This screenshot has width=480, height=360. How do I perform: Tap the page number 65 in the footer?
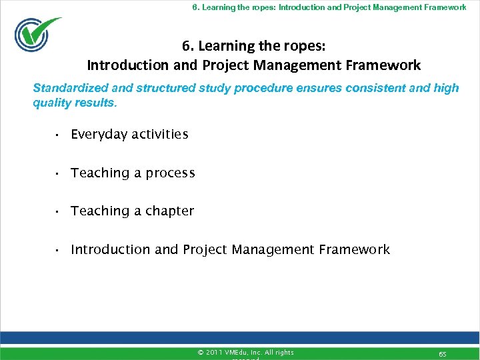(x=442, y=352)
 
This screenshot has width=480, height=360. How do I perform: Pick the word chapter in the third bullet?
(x=169, y=211)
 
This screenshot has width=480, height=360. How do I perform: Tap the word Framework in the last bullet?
(x=354, y=250)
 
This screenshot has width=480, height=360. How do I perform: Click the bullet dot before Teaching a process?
(x=59, y=174)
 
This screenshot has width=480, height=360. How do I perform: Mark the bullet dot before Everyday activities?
(x=59, y=135)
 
